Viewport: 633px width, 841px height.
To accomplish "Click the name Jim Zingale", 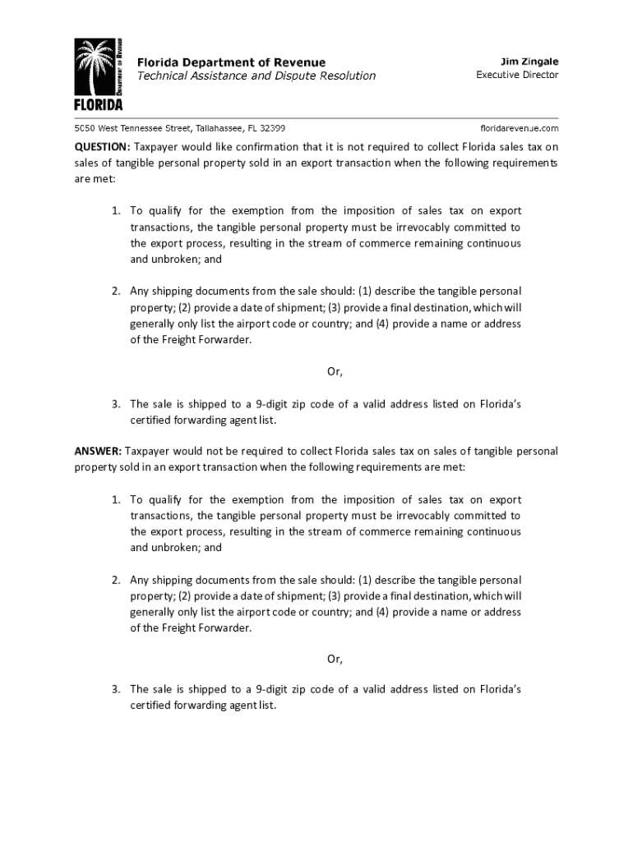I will pyautogui.click(x=529, y=61).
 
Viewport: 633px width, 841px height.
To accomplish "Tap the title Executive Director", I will pyautogui.click(x=517, y=75).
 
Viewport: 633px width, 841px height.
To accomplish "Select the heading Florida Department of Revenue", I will pyautogui.click(x=230, y=62).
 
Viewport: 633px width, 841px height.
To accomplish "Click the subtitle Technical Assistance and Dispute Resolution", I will pyautogui.click(x=255, y=76).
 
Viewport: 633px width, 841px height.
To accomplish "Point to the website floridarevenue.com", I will pyautogui.click(x=519, y=129).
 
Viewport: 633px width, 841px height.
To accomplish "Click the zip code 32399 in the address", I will pyautogui.click(x=272, y=129).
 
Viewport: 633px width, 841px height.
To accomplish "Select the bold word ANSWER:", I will pyautogui.click(x=98, y=451).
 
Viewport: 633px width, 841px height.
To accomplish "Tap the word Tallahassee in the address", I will pyautogui.click(x=218, y=129).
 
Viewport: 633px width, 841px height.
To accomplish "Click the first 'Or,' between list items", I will pyautogui.click(x=335, y=371).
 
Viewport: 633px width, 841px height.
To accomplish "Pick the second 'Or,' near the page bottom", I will pyautogui.click(x=335, y=659).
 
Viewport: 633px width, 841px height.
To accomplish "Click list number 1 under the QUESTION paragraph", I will pyautogui.click(x=117, y=211).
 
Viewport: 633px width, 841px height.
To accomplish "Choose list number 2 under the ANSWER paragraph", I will pyautogui.click(x=117, y=581).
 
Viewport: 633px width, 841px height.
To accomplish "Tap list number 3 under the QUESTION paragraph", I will pyautogui.click(x=117, y=404).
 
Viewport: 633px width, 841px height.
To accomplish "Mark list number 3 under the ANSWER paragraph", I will pyautogui.click(x=117, y=689).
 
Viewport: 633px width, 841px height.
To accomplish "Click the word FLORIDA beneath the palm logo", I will pyautogui.click(x=98, y=105).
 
